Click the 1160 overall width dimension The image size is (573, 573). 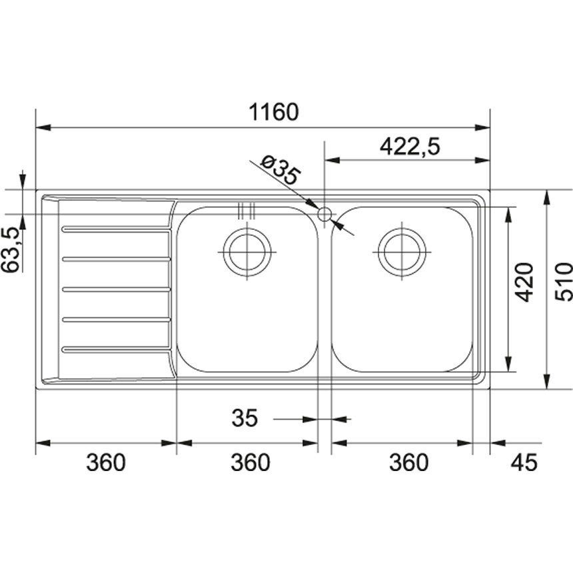point(273,111)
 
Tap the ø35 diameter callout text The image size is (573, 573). point(280,171)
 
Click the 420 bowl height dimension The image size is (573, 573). point(526,282)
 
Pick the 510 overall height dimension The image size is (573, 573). point(563,282)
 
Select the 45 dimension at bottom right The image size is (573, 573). point(523,462)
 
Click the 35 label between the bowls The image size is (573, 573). point(245,418)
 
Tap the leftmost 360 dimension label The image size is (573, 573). point(105,462)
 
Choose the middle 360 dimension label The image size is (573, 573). point(251,462)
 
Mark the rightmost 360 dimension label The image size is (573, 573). point(407,462)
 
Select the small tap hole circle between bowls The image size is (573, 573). point(324,215)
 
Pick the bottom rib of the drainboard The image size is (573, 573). point(116,348)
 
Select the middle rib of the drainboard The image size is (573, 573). point(116,289)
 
